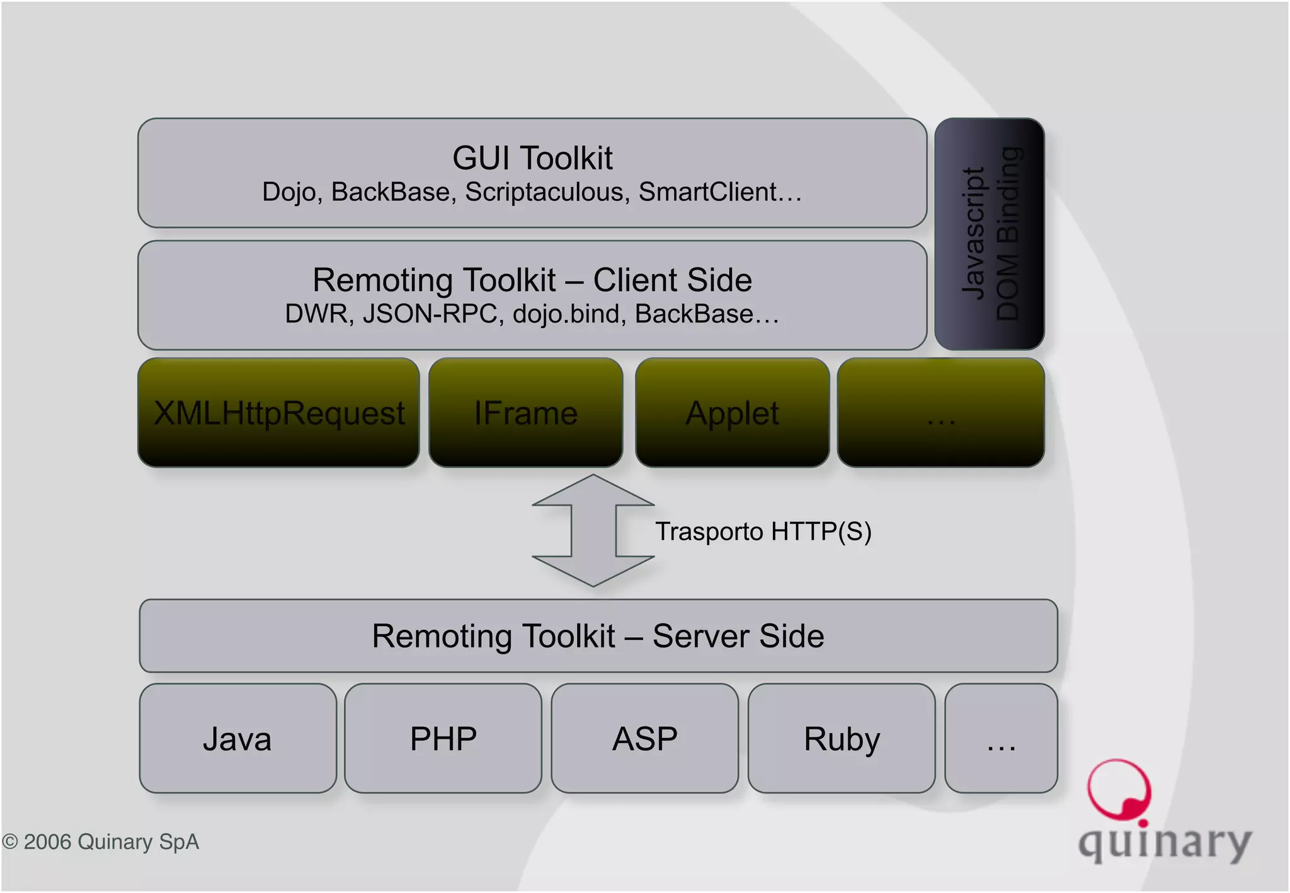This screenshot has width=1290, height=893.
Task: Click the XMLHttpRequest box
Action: [278, 413]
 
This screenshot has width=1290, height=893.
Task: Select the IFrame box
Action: [525, 413]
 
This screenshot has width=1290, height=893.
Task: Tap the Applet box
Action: [732, 413]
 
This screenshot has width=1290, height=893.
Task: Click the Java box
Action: [237, 738]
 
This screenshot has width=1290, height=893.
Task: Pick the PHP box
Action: [443, 738]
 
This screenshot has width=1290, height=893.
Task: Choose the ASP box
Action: [644, 738]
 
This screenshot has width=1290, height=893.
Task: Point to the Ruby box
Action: [842, 738]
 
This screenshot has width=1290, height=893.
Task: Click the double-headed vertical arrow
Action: [593, 530]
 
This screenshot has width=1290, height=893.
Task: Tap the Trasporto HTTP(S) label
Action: [763, 532]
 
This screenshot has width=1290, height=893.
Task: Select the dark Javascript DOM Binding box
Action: [990, 234]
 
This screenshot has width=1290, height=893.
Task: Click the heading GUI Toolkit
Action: [532, 157]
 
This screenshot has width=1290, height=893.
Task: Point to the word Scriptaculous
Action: [547, 192]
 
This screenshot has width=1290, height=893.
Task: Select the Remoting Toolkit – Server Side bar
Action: [598, 635]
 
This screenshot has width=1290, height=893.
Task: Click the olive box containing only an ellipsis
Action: [940, 413]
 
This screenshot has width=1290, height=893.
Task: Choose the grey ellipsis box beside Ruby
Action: [1001, 738]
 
